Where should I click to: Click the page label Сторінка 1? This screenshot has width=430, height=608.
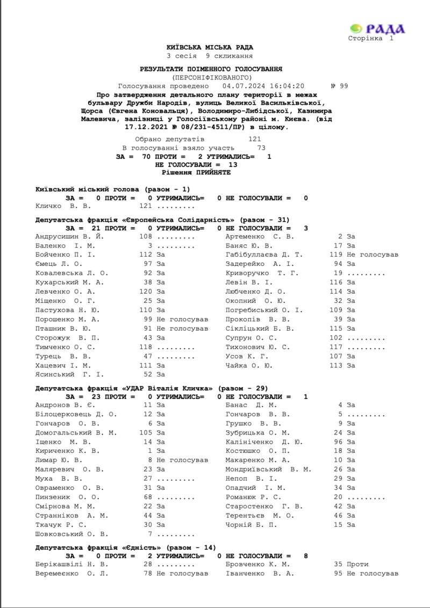(x=371, y=38)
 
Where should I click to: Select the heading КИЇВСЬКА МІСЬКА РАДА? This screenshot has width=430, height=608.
(x=210, y=47)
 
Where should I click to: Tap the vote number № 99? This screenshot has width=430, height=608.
(x=340, y=86)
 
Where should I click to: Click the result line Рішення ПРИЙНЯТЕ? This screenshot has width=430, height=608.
(x=196, y=172)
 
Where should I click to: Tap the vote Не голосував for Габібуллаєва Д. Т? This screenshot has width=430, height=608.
(x=372, y=255)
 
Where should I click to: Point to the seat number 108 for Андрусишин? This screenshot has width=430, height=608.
(x=146, y=236)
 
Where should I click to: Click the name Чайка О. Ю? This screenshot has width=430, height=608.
(x=249, y=365)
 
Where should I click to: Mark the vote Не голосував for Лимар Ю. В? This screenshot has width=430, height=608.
(x=182, y=460)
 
